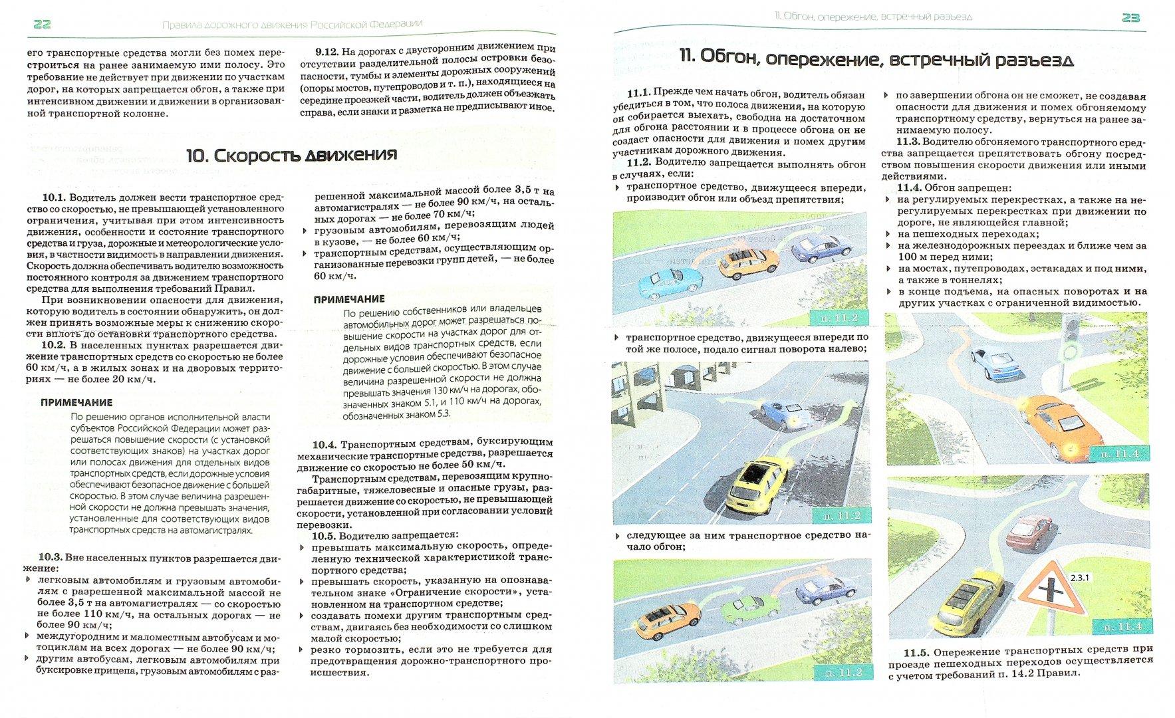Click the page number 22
(41, 25)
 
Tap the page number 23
(1130, 18)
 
